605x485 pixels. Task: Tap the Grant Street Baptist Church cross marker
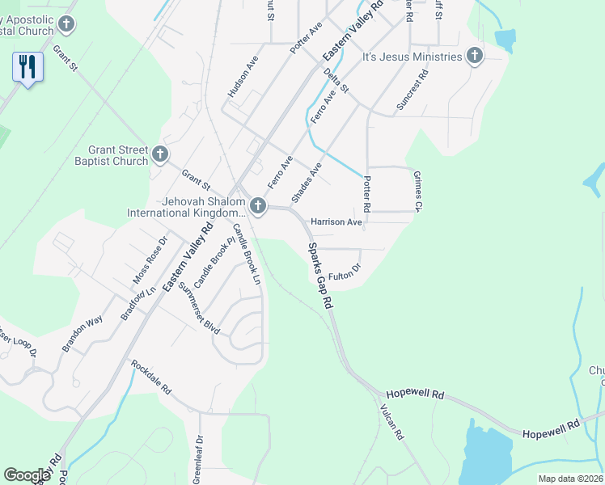[160, 154]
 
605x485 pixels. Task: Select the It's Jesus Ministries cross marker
[475, 57]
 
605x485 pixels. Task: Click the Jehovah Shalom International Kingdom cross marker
[258, 206]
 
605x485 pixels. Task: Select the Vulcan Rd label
[390, 422]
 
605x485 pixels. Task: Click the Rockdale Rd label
[151, 376]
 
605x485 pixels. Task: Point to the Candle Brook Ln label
[247, 254]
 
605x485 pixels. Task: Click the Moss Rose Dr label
[150, 259]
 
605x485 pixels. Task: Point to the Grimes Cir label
[418, 192]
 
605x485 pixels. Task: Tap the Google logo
[27, 475]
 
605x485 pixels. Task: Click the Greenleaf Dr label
[197, 461]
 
